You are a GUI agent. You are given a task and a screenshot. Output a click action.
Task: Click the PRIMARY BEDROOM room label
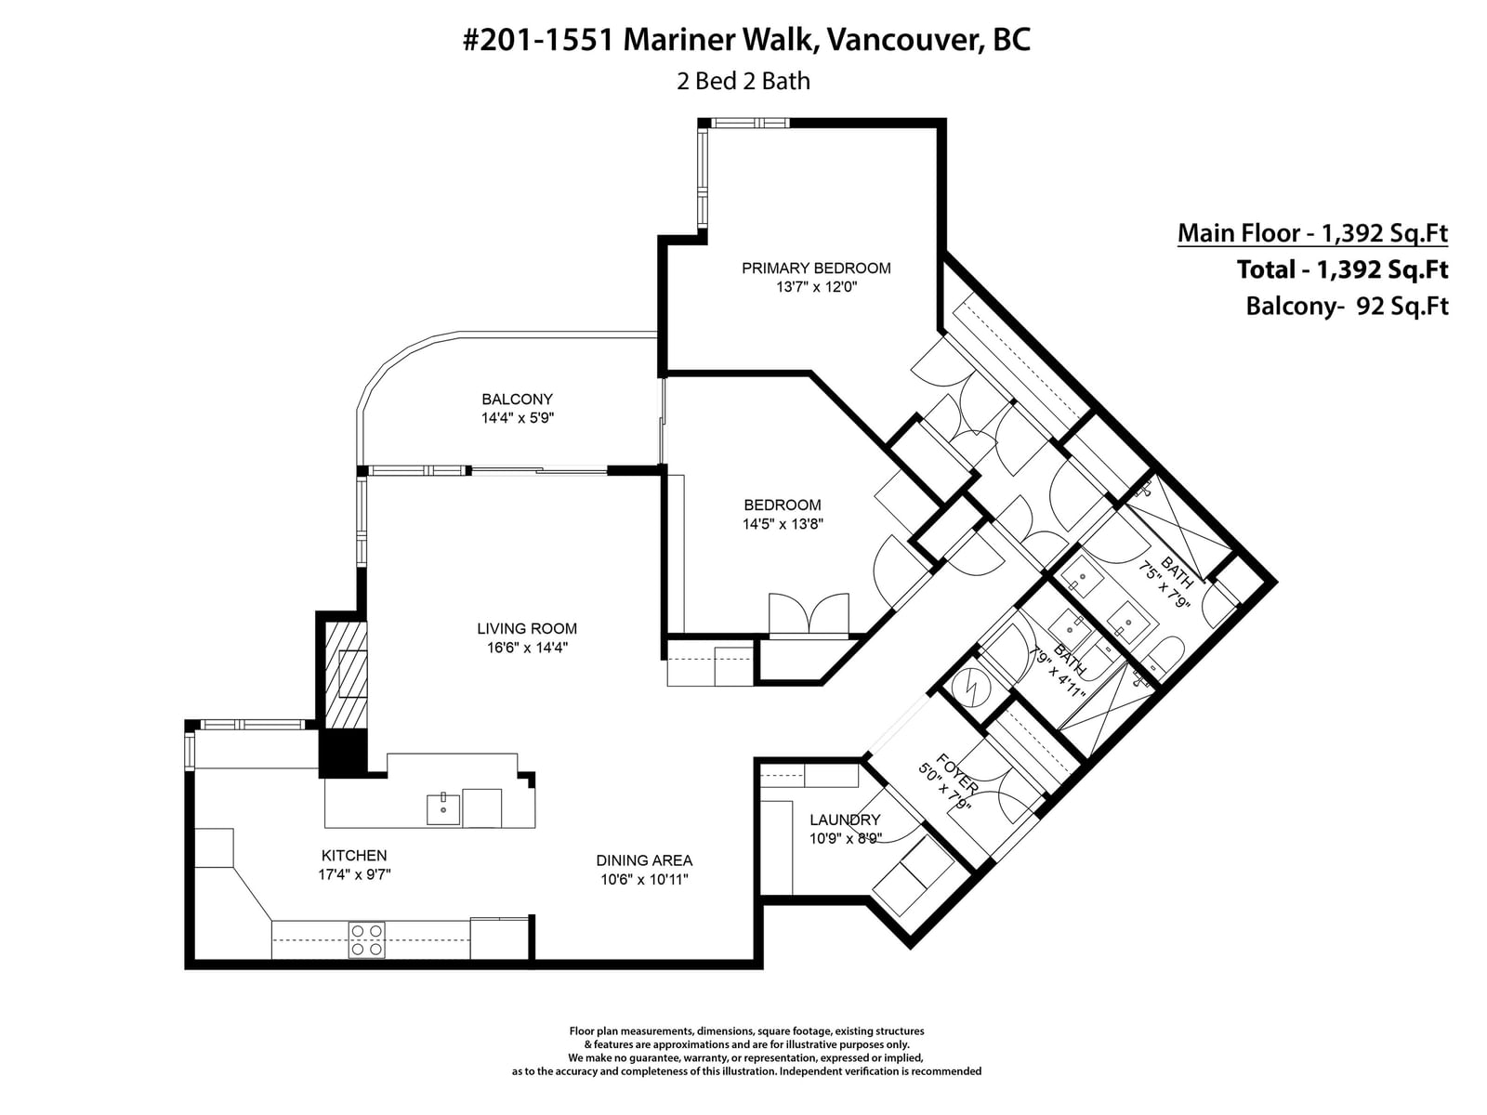click(816, 269)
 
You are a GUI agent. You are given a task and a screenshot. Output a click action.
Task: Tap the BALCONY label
click(517, 400)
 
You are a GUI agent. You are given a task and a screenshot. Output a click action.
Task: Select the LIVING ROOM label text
click(526, 629)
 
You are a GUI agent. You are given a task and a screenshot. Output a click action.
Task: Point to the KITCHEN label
click(354, 856)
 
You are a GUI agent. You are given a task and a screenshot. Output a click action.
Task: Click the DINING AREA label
click(643, 860)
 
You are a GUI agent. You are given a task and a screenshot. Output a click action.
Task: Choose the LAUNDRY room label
click(845, 820)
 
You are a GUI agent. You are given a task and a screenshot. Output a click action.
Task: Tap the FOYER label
click(956, 774)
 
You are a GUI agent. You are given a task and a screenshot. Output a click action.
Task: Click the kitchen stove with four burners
click(366, 939)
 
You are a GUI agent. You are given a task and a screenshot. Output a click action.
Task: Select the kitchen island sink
click(443, 809)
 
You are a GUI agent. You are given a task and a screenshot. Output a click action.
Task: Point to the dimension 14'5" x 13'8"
click(783, 524)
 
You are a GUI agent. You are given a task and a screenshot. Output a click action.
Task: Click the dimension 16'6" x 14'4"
click(526, 648)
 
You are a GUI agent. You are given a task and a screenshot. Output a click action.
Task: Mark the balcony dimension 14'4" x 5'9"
click(517, 418)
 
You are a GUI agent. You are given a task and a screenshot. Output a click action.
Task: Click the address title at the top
click(746, 40)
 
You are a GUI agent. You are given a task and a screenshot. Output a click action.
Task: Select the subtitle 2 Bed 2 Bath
click(743, 81)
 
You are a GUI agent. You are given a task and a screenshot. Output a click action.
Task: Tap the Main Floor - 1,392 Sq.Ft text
click(1312, 233)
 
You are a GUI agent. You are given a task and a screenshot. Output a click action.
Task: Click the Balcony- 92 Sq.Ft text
click(1347, 306)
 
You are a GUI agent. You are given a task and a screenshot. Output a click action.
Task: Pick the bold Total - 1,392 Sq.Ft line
click(1342, 269)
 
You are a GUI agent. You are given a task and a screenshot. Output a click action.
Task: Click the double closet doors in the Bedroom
click(809, 615)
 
